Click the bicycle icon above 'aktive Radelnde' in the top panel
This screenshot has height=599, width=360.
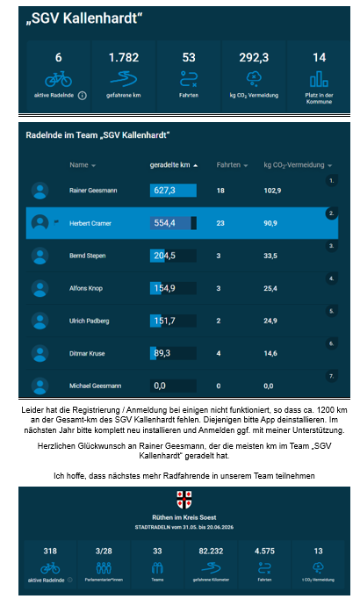pyautogui.click(x=59, y=79)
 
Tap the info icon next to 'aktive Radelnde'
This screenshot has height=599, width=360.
pyautogui.click(x=82, y=96)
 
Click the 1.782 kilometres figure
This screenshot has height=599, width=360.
pyautogui.click(x=124, y=57)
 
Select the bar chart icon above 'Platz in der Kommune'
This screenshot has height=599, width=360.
pyautogui.click(x=319, y=79)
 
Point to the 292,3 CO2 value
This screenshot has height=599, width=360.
pyautogui.click(x=254, y=57)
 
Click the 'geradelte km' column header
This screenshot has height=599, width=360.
pyautogui.click(x=169, y=165)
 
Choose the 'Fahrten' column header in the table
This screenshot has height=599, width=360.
pyautogui.click(x=228, y=165)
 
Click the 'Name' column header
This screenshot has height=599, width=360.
pyautogui.click(x=79, y=165)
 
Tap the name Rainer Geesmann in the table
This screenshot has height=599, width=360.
pyautogui.click(x=93, y=191)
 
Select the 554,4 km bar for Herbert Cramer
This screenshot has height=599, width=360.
pyautogui.click(x=173, y=223)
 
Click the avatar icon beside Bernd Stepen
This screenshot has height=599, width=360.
pyautogui.click(x=40, y=256)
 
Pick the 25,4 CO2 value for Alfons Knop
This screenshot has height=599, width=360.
pyautogui.click(x=270, y=288)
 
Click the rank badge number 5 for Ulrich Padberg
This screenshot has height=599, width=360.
pyautogui.click(x=331, y=311)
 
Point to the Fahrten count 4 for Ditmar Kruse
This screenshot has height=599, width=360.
pyautogui.click(x=219, y=353)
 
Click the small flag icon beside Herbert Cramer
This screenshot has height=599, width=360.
pyautogui.click(x=56, y=221)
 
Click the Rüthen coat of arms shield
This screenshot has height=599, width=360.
pyautogui.click(x=184, y=500)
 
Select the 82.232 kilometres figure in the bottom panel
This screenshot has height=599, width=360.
pyautogui.click(x=211, y=551)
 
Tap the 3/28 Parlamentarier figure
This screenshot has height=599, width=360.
pyautogui.click(x=104, y=551)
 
